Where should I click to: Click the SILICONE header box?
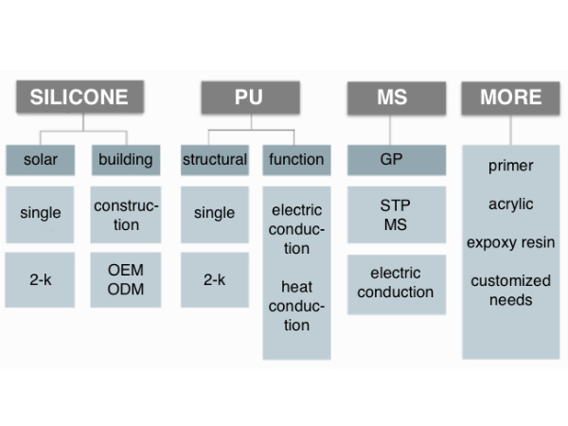(x=80, y=97)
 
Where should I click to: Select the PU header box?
(x=251, y=98)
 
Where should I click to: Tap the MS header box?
(x=397, y=98)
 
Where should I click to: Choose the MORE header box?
(x=511, y=98)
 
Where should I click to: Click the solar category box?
(x=41, y=160)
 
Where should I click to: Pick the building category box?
(x=126, y=160)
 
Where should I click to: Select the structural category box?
(x=215, y=160)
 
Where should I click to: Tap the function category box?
(x=296, y=160)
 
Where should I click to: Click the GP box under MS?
(x=397, y=160)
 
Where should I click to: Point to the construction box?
(x=126, y=215)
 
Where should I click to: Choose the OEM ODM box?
(x=126, y=279)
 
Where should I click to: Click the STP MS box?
(x=397, y=215)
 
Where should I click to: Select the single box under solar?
(x=40, y=215)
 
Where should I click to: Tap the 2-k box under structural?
(x=215, y=279)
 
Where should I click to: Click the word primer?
(x=511, y=166)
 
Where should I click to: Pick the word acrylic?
(x=511, y=204)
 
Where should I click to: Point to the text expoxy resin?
(x=511, y=242)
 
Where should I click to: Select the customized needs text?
(x=511, y=291)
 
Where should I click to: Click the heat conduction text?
(x=296, y=306)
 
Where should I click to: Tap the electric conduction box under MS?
(x=397, y=284)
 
